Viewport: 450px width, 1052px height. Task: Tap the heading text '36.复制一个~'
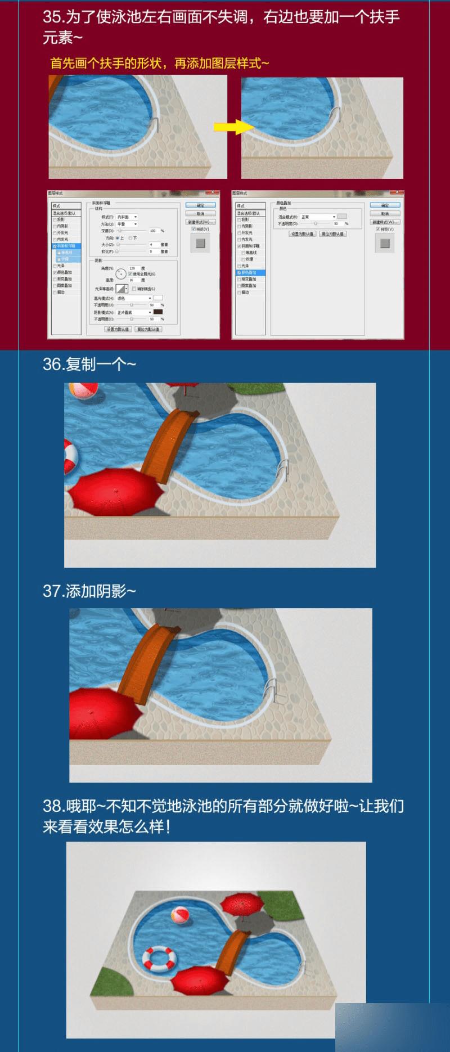pyautogui.click(x=89, y=365)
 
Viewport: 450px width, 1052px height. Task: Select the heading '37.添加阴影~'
pyautogui.click(x=89, y=591)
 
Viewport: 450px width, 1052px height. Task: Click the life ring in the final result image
pyautogui.click(x=159, y=957)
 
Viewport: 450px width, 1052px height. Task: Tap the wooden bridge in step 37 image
pyautogui.click(x=147, y=655)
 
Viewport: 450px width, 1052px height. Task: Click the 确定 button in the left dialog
pyautogui.click(x=200, y=205)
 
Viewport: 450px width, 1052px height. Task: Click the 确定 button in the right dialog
pyautogui.click(x=385, y=205)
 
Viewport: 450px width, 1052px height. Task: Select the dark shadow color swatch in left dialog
pyautogui.click(x=158, y=312)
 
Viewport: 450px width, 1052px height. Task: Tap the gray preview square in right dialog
pyautogui.click(x=385, y=243)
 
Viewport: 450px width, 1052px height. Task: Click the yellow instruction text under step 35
pyautogui.click(x=160, y=64)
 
